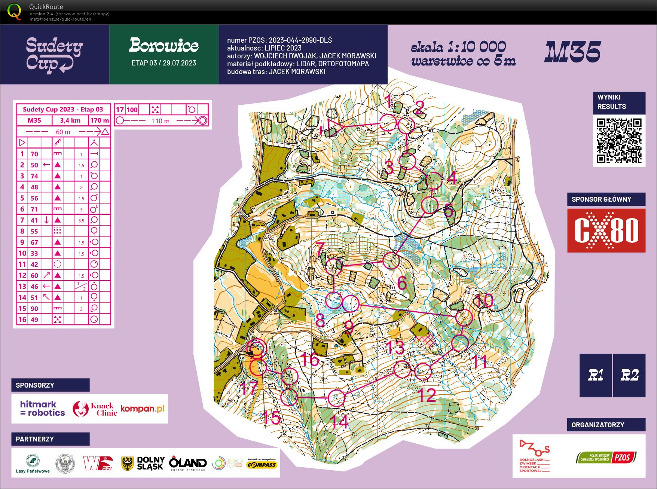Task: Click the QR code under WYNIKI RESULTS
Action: pos(619,140)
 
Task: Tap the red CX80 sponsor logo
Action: pos(606,230)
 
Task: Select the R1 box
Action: pos(595,375)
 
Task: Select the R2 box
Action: pos(629,375)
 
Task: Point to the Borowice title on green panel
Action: pos(164,46)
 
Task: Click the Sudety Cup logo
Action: pos(55,55)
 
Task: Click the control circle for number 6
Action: pos(391,260)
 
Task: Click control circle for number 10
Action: pos(464,317)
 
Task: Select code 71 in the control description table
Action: pos(34,209)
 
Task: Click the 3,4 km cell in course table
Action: pos(70,120)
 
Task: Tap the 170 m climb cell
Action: pos(100,120)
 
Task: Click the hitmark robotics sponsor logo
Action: pos(42,409)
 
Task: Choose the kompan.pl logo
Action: pos(143,409)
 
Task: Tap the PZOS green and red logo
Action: pos(606,457)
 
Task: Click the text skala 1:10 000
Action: pos(458,47)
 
